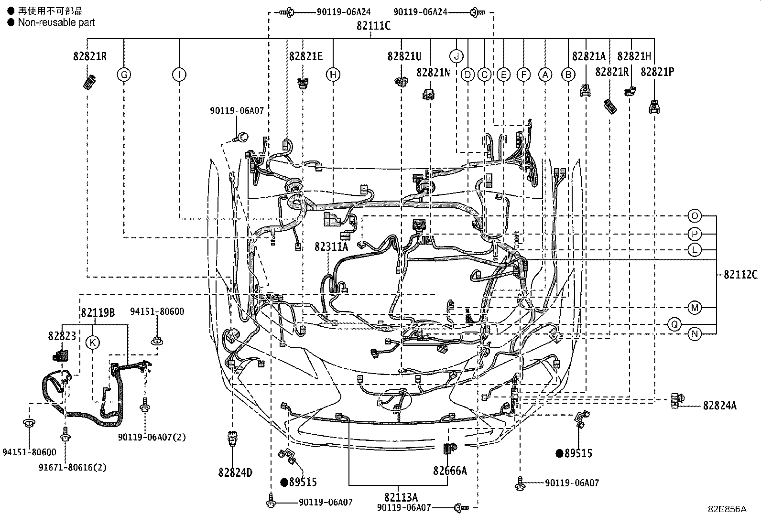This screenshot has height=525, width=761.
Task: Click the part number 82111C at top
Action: click(373, 26)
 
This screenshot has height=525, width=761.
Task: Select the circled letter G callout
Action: click(124, 75)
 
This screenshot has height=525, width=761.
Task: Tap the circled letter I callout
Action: click(179, 75)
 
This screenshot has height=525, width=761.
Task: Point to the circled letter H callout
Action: click(333, 75)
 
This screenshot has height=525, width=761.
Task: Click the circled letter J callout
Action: click(457, 56)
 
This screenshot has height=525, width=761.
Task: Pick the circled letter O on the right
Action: click(694, 216)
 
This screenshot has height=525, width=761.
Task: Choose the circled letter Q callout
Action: click(674, 325)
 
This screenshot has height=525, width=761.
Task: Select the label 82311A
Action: click(331, 246)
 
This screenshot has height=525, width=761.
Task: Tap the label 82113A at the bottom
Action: click(401, 497)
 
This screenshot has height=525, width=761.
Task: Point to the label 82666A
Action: click(450, 471)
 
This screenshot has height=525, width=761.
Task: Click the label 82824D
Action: click(235, 472)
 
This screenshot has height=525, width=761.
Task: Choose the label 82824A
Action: click(719, 406)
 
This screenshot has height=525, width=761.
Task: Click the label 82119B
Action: click(98, 313)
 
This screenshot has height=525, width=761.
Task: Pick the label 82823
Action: click(62, 336)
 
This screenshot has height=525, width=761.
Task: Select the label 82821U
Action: click(404, 56)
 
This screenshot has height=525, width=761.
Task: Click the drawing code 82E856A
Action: click(727, 509)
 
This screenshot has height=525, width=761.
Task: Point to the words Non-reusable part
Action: click(56, 22)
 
